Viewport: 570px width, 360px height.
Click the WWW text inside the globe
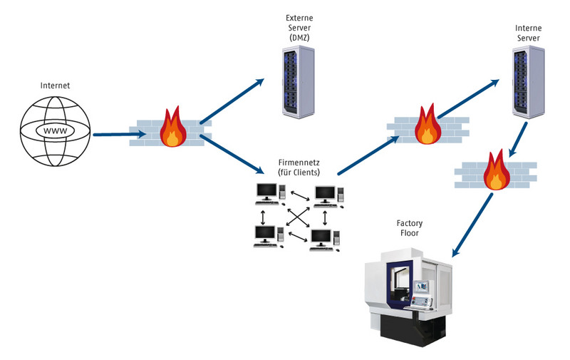[55, 132]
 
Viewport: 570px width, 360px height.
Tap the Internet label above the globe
[55, 86]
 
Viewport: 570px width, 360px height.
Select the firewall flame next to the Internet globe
[171, 128]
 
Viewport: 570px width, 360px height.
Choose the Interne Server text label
[527, 32]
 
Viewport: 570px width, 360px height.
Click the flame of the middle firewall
[427, 125]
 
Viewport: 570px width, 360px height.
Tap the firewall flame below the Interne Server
[494, 170]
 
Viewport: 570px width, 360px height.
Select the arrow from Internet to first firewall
[110, 133]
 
